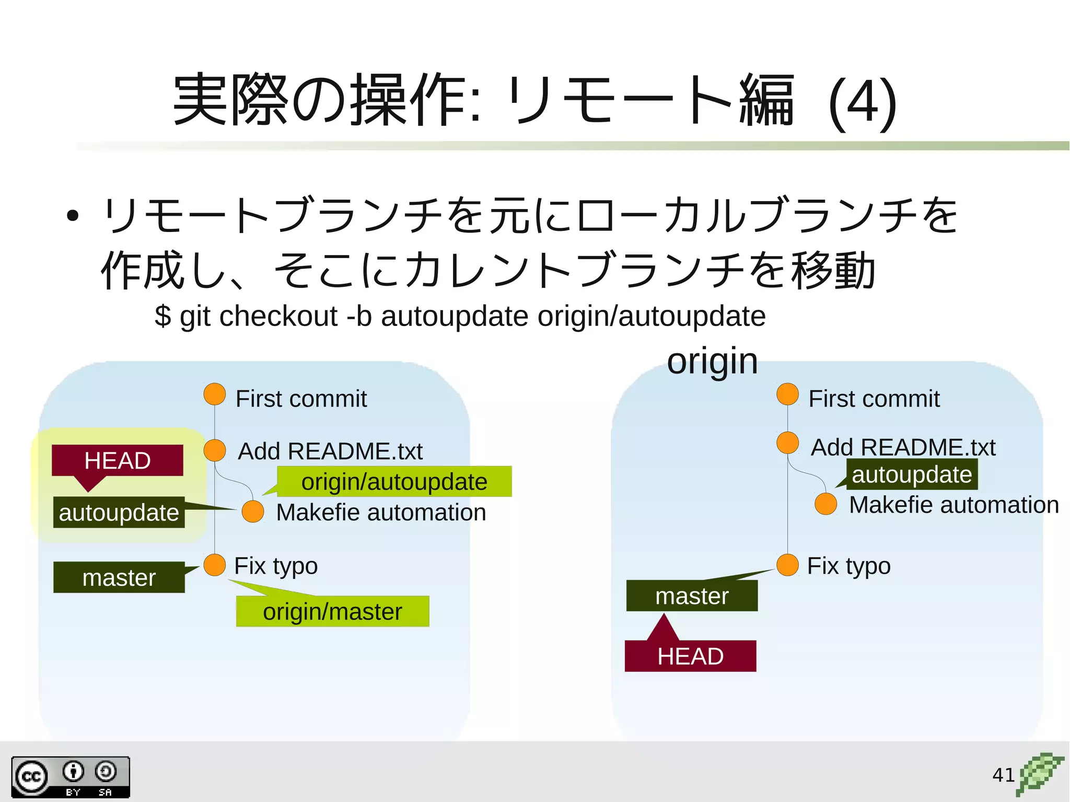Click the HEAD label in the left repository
tap(118, 460)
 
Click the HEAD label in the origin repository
tap(690, 656)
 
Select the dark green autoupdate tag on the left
tap(119, 513)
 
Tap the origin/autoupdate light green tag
tap(394, 482)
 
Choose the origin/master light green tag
tap(332, 611)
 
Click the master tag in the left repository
tap(119, 577)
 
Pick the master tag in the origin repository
tap(692, 596)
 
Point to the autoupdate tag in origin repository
tap(912, 474)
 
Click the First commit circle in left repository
tap(215, 394)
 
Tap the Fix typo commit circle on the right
tap(787, 565)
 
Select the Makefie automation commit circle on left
tap(253, 512)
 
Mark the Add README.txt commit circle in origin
tap(787, 443)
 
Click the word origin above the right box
tap(712, 361)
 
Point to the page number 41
tap(1003, 775)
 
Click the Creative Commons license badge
tap(71, 777)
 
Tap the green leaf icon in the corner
tap(1039, 774)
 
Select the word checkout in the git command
tap(278, 316)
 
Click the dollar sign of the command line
tap(162, 316)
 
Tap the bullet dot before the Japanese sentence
tap(73, 215)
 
